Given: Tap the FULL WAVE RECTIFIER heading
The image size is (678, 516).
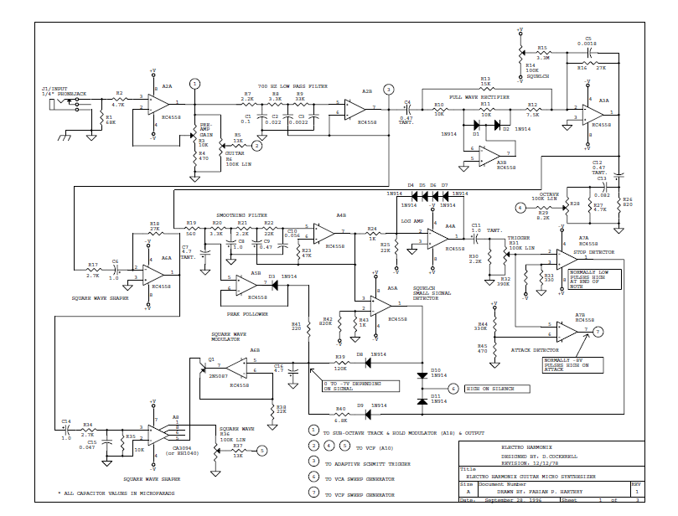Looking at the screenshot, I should [x=480, y=97].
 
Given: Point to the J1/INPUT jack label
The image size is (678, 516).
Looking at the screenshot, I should [x=56, y=90].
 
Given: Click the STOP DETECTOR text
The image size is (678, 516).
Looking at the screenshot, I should [x=593, y=250].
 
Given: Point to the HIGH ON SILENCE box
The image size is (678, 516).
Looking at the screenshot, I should [x=490, y=389].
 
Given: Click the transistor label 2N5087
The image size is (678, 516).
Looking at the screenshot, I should [x=217, y=377].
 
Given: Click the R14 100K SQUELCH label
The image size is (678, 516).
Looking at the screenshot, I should [x=536, y=70].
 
